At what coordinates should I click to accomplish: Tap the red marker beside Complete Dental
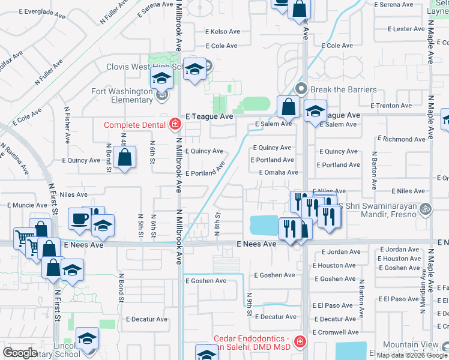[x=175, y=125]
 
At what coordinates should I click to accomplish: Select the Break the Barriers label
[x=343, y=89]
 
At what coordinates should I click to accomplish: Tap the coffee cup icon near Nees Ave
[x=79, y=219]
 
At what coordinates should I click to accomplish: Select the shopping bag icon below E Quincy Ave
[x=124, y=159]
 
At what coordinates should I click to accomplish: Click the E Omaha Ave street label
[x=278, y=172]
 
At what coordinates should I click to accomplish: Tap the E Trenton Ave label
[x=391, y=106]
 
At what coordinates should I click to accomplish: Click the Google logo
[x=20, y=353]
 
